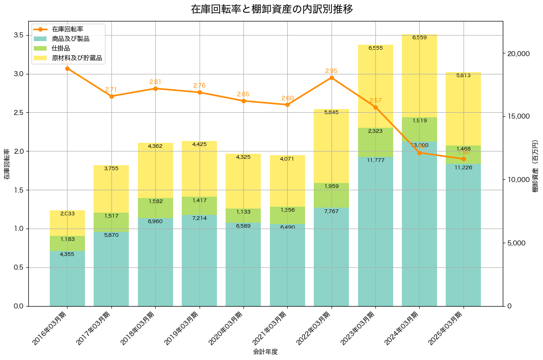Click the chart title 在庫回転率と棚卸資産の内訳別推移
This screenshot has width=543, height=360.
[271, 9]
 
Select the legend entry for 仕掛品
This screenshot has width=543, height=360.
[61, 48]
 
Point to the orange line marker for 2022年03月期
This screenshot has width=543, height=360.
[332, 78]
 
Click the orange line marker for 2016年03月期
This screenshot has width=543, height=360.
[67, 68]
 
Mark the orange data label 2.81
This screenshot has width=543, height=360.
[155, 82]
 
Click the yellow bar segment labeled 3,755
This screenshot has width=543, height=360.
[111, 189]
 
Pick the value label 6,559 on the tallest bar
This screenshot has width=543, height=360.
[419, 37]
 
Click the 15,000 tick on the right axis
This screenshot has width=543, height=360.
[519, 116]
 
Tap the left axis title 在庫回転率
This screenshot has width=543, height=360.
[6, 164]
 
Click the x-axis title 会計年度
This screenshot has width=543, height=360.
[265, 352]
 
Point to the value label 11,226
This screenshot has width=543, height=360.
[463, 167]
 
